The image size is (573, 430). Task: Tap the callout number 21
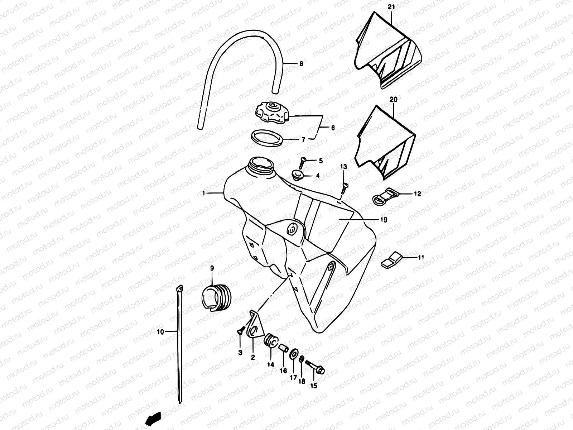pos(391,7)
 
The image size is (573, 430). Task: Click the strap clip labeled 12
pos(383,195)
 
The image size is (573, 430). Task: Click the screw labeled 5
pos(302,163)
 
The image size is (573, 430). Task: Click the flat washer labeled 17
pos(293,354)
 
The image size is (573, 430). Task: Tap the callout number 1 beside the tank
pos(203,193)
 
